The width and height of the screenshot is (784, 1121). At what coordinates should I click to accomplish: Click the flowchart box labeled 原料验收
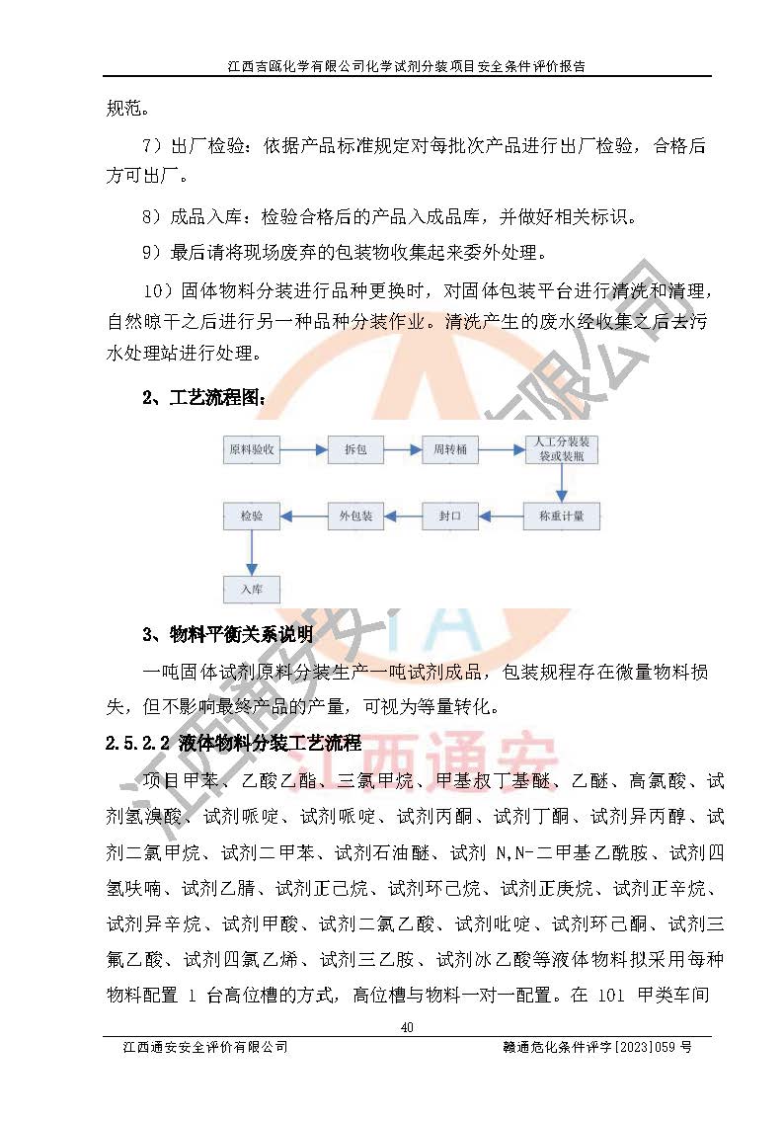click(252, 450)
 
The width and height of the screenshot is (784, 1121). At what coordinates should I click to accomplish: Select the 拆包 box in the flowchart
click(355, 450)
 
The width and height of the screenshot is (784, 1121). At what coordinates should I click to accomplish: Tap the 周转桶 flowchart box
click(450, 450)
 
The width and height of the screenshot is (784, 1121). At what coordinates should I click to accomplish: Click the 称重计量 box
click(561, 516)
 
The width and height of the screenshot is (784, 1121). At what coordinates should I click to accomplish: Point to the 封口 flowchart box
click(450, 516)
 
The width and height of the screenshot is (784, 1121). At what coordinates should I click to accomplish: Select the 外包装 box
click(355, 516)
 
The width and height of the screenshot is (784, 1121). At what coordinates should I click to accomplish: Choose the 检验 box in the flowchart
click(252, 516)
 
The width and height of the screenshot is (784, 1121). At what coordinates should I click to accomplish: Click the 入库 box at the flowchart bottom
click(252, 589)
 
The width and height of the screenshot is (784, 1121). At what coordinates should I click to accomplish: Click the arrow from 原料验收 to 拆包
click(304, 450)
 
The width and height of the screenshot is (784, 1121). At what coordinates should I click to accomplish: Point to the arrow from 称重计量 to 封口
click(503, 516)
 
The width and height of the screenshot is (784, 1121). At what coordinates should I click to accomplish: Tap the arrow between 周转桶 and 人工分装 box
click(501, 450)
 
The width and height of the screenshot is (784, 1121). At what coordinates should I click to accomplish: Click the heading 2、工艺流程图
click(204, 398)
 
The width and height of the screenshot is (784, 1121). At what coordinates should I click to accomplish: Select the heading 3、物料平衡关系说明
click(228, 633)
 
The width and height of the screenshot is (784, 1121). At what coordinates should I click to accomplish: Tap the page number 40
click(406, 1028)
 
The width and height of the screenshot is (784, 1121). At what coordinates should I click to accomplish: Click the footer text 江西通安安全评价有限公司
click(202, 1047)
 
